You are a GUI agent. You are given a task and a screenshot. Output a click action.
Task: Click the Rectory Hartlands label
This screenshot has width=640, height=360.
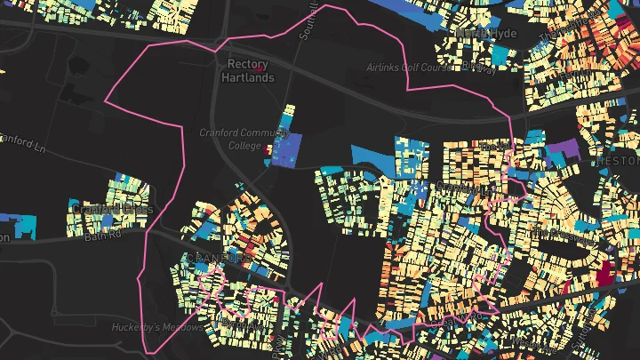point(248,71)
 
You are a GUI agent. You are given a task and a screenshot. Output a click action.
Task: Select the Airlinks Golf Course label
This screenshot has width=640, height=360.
point(409,68)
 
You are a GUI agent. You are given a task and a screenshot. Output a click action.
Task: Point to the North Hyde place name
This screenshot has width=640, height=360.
point(485,33)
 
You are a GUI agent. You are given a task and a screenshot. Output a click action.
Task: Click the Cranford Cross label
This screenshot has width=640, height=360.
point(112,210)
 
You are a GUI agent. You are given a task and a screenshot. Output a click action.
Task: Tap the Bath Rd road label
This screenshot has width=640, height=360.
point(101,237)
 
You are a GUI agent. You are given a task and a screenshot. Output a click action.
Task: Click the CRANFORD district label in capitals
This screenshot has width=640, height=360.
point(219,258)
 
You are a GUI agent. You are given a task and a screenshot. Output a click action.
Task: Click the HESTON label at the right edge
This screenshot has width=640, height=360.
point(621,162)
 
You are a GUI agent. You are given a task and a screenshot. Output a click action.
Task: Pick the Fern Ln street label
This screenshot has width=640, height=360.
point(492,144)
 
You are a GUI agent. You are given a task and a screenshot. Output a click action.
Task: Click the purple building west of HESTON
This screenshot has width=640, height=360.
point(562,148)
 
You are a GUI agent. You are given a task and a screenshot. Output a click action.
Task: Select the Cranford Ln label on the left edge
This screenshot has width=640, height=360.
point(18,142)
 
